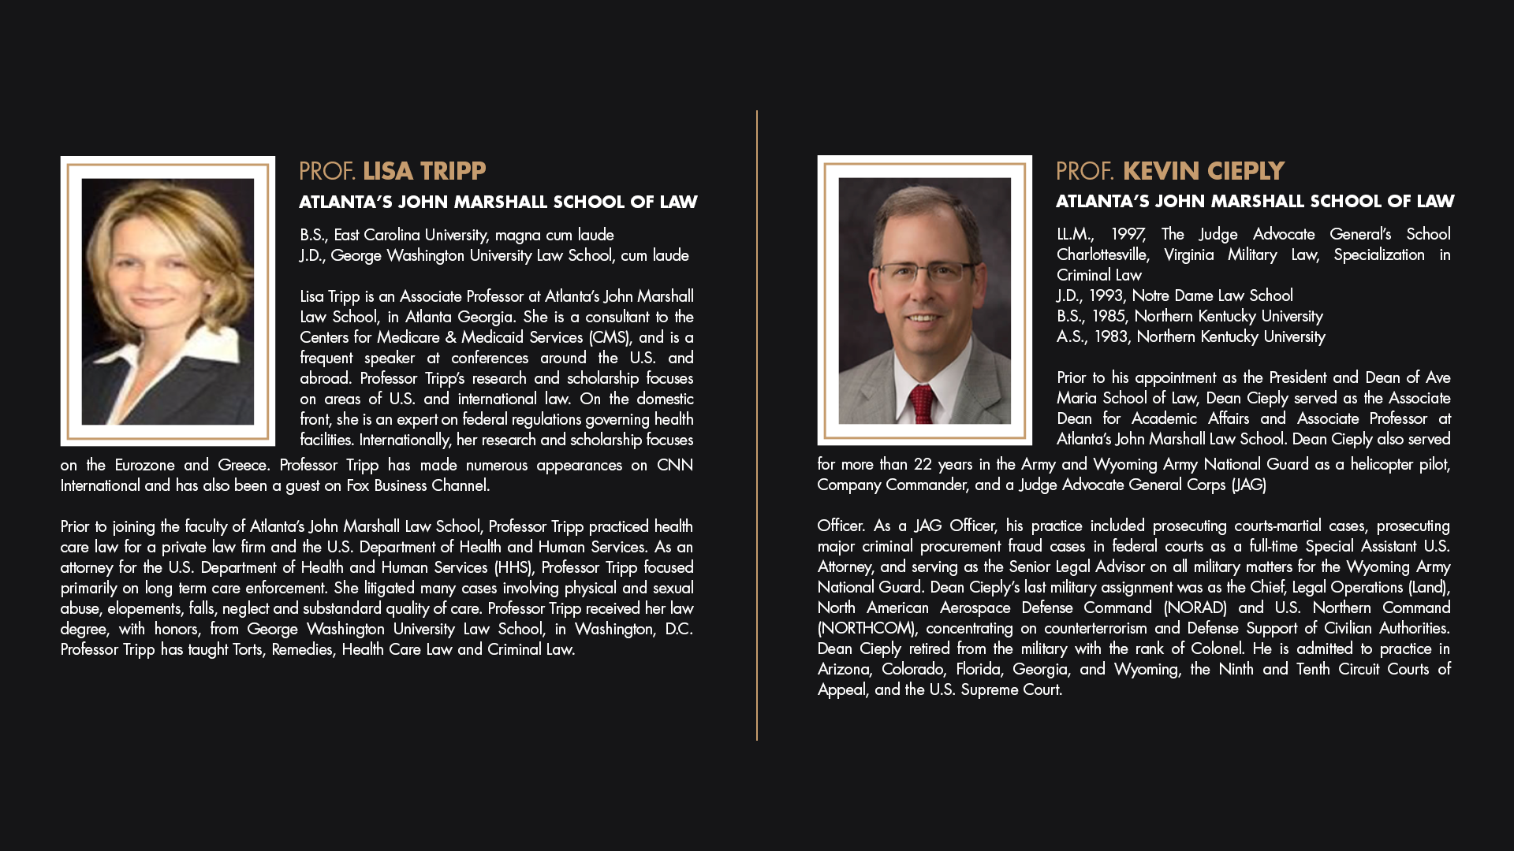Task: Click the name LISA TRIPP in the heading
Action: [424, 171]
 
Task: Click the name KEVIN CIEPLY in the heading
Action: [1203, 171]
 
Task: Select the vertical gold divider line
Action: [757, 425]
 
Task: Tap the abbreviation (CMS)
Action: [610, 337]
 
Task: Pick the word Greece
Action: [244, 465]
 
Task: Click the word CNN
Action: [675, 465]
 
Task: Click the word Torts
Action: [248, 649]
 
